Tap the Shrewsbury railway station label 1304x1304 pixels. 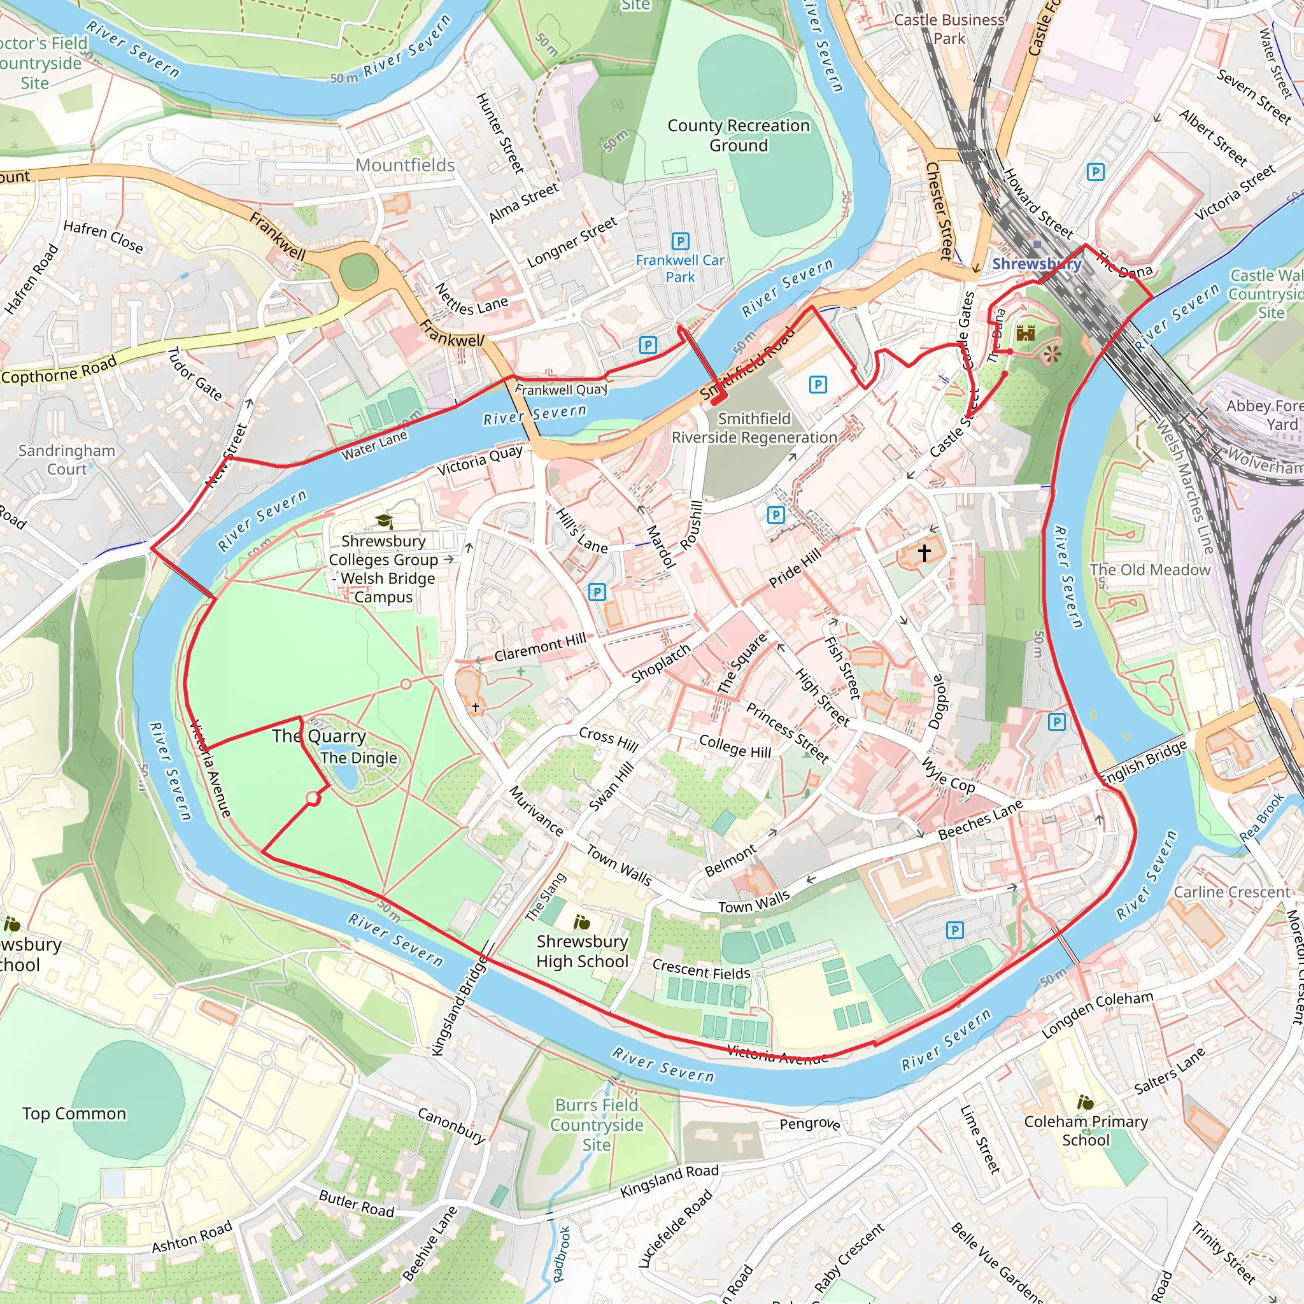point(1036,264)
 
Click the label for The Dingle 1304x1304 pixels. point(358,758)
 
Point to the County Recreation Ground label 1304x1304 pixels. point(739,136)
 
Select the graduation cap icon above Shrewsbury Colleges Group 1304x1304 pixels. point(384,521)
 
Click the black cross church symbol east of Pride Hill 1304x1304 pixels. point(923,553)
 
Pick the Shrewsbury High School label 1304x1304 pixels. point(582,951)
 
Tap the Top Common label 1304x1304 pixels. point(74,1113)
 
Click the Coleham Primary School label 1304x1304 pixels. point(1086,1130)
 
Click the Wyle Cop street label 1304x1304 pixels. point(947,776)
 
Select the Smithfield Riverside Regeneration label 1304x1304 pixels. point(754,428)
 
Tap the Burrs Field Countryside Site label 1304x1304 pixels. point(597,1124)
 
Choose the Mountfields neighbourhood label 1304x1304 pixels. point(405,166)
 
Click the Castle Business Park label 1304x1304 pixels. point(949,29)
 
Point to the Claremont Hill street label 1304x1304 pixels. point(540,648)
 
